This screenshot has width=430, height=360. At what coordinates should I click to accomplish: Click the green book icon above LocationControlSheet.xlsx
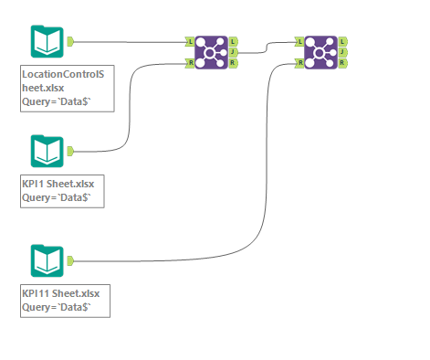pos(46,42)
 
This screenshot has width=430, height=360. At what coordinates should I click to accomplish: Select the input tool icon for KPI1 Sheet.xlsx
pos(46,151)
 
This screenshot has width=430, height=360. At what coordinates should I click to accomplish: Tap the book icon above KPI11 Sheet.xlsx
pos(46,259)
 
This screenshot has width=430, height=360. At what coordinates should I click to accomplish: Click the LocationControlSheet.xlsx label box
pos(67,88)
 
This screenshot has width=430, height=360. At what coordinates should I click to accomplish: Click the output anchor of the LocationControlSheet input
pos(71,41)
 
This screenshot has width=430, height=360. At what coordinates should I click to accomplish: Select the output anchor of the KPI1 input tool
pos(71,150)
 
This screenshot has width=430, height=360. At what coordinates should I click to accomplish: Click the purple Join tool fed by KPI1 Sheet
pos(211,52)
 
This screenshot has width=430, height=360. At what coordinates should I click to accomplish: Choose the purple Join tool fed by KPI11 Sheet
pos(320,52)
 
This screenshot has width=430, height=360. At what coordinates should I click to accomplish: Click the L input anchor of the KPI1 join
pos(189,42)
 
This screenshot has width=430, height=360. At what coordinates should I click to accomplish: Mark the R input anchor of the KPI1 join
pos(189,63)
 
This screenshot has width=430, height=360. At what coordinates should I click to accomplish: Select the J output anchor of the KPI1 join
pos(234,52)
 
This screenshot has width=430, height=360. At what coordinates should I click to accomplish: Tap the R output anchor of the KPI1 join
pos(234,63)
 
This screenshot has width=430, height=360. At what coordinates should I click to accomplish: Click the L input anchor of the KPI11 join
pos(299,42)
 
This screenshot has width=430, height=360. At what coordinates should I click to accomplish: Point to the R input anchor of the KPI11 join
pos(299,63)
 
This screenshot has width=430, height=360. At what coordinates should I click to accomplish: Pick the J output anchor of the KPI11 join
pos(342,52)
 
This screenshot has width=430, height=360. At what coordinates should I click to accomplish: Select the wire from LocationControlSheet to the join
pos(128,42)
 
